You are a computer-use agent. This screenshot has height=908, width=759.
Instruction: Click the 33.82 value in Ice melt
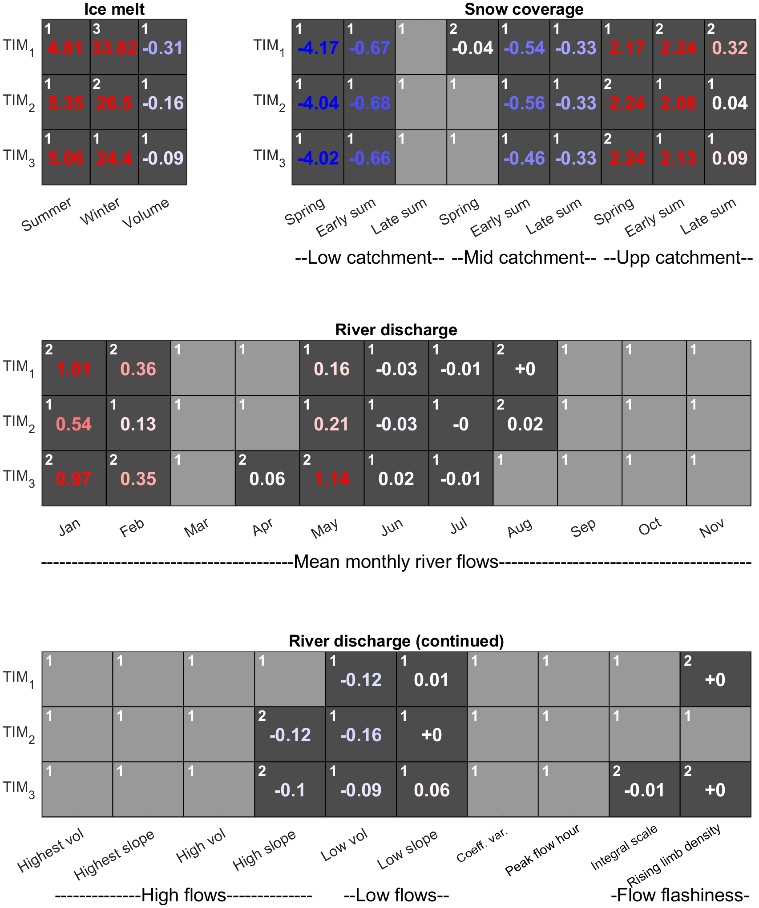tap(114, 48)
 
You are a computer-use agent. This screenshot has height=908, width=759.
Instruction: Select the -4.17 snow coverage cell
tap(318, 48)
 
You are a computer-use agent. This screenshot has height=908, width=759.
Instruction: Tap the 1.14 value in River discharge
tap(332, 479)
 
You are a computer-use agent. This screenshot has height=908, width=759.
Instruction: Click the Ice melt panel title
tap(114, 9)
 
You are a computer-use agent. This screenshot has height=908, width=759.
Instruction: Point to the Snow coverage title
tap(524, 9)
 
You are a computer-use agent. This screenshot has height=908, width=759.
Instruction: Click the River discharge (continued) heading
tap(396, 641)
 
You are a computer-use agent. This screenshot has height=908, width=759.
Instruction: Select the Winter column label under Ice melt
tap(100, 211)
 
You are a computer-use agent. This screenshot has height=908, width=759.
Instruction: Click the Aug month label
tap(520, 528)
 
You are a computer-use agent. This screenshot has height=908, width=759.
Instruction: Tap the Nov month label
tap(711, 528)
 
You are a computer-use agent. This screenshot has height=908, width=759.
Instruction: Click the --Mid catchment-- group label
tap(524, 258)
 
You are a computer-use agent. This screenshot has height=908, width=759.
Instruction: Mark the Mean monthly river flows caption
tap(396, 562)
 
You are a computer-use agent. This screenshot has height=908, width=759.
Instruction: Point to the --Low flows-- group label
tap(396, 895)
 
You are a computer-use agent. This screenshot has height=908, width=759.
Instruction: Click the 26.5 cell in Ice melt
tap(114, 103)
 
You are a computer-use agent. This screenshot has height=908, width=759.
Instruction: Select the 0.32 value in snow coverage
tap(730, 48)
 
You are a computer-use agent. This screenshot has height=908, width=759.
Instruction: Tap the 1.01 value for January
tap(74, 369)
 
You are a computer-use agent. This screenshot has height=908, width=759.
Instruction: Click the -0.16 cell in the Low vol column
tap(361, 735)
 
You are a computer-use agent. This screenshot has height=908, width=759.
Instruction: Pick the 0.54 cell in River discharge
tap(74, 424)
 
